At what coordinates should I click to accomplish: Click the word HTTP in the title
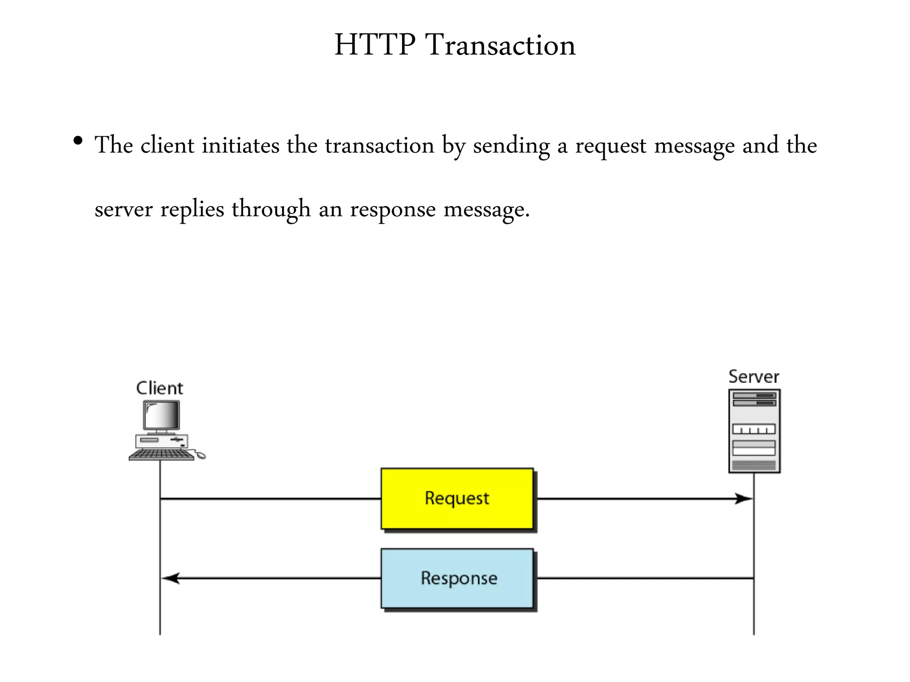click(x=375, y=45)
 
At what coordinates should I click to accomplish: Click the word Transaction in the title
click(x=500, y=45)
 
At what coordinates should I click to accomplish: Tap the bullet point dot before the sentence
click(x=78, y=141)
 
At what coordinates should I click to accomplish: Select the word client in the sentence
click(x=168, y=145)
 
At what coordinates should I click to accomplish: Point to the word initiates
click(x=240, y=145)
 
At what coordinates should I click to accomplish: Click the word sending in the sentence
click(x=511, y=146)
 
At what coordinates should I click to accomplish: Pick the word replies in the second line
click(x=192, y=210)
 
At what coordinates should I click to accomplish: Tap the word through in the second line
click(x=271, y=210)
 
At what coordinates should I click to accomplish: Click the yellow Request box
click(x=457, y=498)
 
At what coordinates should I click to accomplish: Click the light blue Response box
click(x=457, y=578)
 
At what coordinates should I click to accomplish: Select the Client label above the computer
click(x=159, y=388)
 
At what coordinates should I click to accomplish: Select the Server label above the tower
click(x=754, y=377)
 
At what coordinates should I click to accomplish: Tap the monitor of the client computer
click(x=162, y=416)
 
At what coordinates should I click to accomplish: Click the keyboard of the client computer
click(x=161, y=454)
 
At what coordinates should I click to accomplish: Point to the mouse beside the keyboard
click(x=200, y=455)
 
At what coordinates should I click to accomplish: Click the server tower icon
click(x=754, y=431)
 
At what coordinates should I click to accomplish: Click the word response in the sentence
click(x=393, y=210)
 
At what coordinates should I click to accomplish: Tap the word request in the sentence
click(x=611, y=146)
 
